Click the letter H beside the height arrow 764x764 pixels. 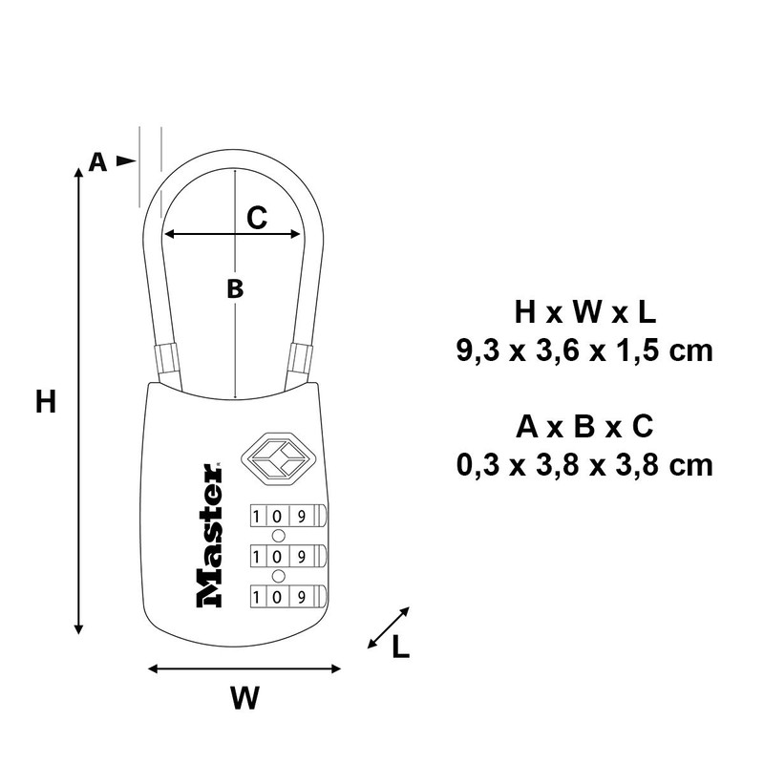[46, 402]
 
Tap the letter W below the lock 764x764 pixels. [245, 698]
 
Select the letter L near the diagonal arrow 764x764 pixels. [400, 647]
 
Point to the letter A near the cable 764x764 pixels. [97, 161]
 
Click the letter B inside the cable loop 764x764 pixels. [235, 288]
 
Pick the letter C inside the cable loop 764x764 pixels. [257, 218]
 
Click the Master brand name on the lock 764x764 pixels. [209, 536]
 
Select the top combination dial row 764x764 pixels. [288, 516]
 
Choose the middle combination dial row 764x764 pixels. [288, 556]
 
